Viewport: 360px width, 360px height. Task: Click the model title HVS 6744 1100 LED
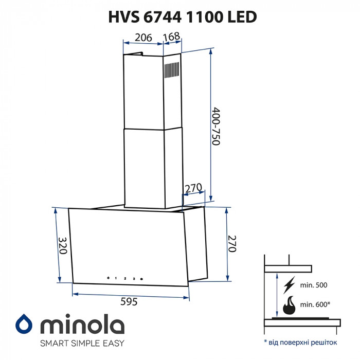coord(183,17)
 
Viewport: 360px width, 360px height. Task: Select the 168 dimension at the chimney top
coord(171,37)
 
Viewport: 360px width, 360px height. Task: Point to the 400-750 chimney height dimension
coord(216,126)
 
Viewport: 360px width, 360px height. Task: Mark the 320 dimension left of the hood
coord(62,246)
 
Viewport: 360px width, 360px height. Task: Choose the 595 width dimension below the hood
coord(128,302)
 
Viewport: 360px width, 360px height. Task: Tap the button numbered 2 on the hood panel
coord(124,278)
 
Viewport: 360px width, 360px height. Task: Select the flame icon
coord(288,305)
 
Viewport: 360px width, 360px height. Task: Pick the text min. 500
coord(313,285)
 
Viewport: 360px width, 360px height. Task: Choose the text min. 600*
coord(314,304)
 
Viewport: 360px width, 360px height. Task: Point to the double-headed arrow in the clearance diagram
coord(276,294)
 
